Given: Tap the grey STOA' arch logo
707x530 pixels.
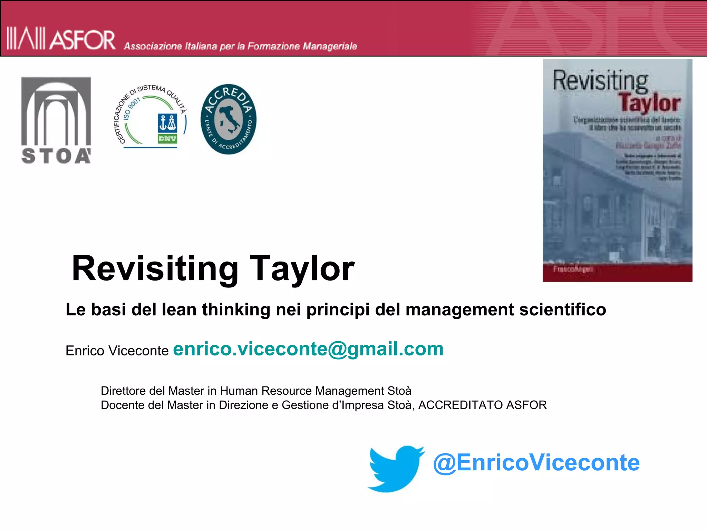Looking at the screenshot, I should pyautogui.click(x=56, y=120).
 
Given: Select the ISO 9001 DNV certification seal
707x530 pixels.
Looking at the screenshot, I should pyautogui.click(x=151, y=116).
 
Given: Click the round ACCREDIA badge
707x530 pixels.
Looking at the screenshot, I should pyautogui.click(x=228, y=119).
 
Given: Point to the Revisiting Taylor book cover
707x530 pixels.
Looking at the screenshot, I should pyautogui.click(x=617, y=170).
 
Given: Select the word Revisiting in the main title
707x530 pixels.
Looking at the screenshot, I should pyautogui.click(x=155, y=269).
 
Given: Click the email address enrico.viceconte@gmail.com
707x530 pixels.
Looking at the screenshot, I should pyautogui.click(x=308, y=349).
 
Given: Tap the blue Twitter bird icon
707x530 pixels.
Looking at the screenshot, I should pyautogui.click(x=396, y=468).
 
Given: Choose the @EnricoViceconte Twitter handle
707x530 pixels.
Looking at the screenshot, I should pyautogui.click(x=536, y=463).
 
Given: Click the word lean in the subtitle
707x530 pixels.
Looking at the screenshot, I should pyautogui.click(x=180, y=310).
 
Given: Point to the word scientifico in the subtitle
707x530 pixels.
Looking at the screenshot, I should pyautogui.click(x=563, y=310).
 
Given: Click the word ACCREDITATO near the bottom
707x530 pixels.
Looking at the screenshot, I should pyautogui.click(x=461, y=405).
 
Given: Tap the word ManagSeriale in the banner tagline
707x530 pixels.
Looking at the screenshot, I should pyautogui.click(x=330, y=46).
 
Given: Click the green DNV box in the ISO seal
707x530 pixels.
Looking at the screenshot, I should pyautogui.click(x=167, y=139).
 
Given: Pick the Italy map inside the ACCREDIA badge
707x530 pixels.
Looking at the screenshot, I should pyautogui.click(x=228, y=119).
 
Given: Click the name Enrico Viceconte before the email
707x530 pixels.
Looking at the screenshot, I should pyautogui.click(x=117, y=351).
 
